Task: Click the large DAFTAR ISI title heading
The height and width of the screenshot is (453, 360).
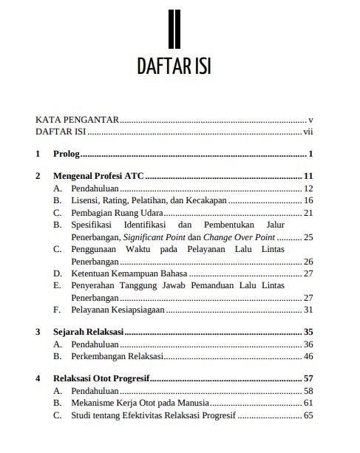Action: (x=174, y=65)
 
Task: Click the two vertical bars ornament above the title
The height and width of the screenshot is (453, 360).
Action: (x=174, y=27)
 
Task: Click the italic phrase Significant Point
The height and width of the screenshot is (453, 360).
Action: (x=153, y=237)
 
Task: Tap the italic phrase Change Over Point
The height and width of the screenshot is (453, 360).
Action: (x=238, y=237)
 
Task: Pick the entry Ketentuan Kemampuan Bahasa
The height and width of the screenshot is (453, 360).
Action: (x=129, y=273)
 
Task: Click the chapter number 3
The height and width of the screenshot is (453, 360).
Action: (x=38, y=332)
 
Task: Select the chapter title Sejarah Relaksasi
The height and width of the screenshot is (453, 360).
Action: (x=88, y=332)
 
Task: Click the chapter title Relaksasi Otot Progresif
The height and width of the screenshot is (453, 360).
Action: (x=101, y=378)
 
